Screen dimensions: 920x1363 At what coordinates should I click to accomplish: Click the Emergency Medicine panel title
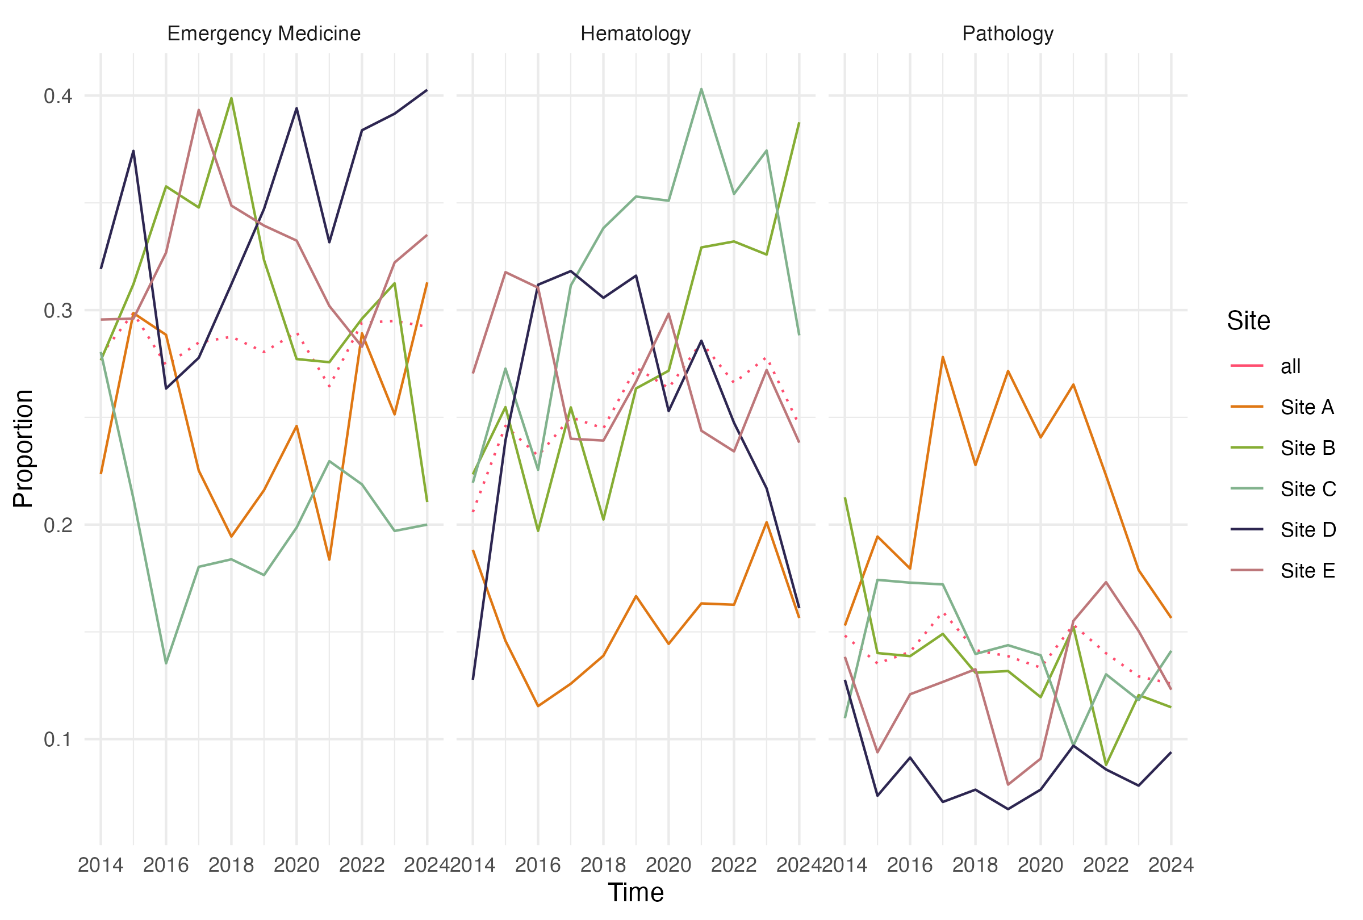pos(264,34)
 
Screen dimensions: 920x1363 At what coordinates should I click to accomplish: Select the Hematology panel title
pos(635,34)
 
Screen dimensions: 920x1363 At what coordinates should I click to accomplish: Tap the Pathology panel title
pos(1007,34)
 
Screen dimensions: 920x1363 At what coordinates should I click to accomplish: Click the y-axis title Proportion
pos(23,449)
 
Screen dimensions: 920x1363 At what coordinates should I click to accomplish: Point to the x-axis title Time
pos(635,892)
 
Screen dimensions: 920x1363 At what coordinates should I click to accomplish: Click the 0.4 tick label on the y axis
pos(58,95)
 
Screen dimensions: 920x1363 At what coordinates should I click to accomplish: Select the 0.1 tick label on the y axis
pos(58,739)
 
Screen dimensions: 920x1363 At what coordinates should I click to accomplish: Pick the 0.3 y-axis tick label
pos(58,310)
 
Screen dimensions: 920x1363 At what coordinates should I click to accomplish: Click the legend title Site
pos(1248,321)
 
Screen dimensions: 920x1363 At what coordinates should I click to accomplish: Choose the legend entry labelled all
pos(1290,366)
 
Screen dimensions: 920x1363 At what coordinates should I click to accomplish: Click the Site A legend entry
pos(1307,408)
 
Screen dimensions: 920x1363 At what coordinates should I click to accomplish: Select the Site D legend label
pos(1308,530)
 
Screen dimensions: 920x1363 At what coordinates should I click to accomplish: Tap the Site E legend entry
pos(1307,571)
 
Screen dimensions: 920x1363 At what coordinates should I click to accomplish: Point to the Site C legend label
pos(1308,489)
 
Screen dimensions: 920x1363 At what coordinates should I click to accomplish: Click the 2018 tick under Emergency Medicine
pos(231,865)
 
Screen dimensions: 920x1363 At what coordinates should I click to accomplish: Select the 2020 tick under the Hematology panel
pos(668,865)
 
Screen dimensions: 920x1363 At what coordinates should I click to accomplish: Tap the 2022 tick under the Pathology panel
pos(1106,865)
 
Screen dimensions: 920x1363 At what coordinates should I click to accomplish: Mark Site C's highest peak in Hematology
pos(701,89)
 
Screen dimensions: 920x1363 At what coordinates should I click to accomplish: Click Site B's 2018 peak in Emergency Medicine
pos(231,98)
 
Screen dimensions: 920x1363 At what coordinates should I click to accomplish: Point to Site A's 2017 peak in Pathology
pos(943,357)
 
